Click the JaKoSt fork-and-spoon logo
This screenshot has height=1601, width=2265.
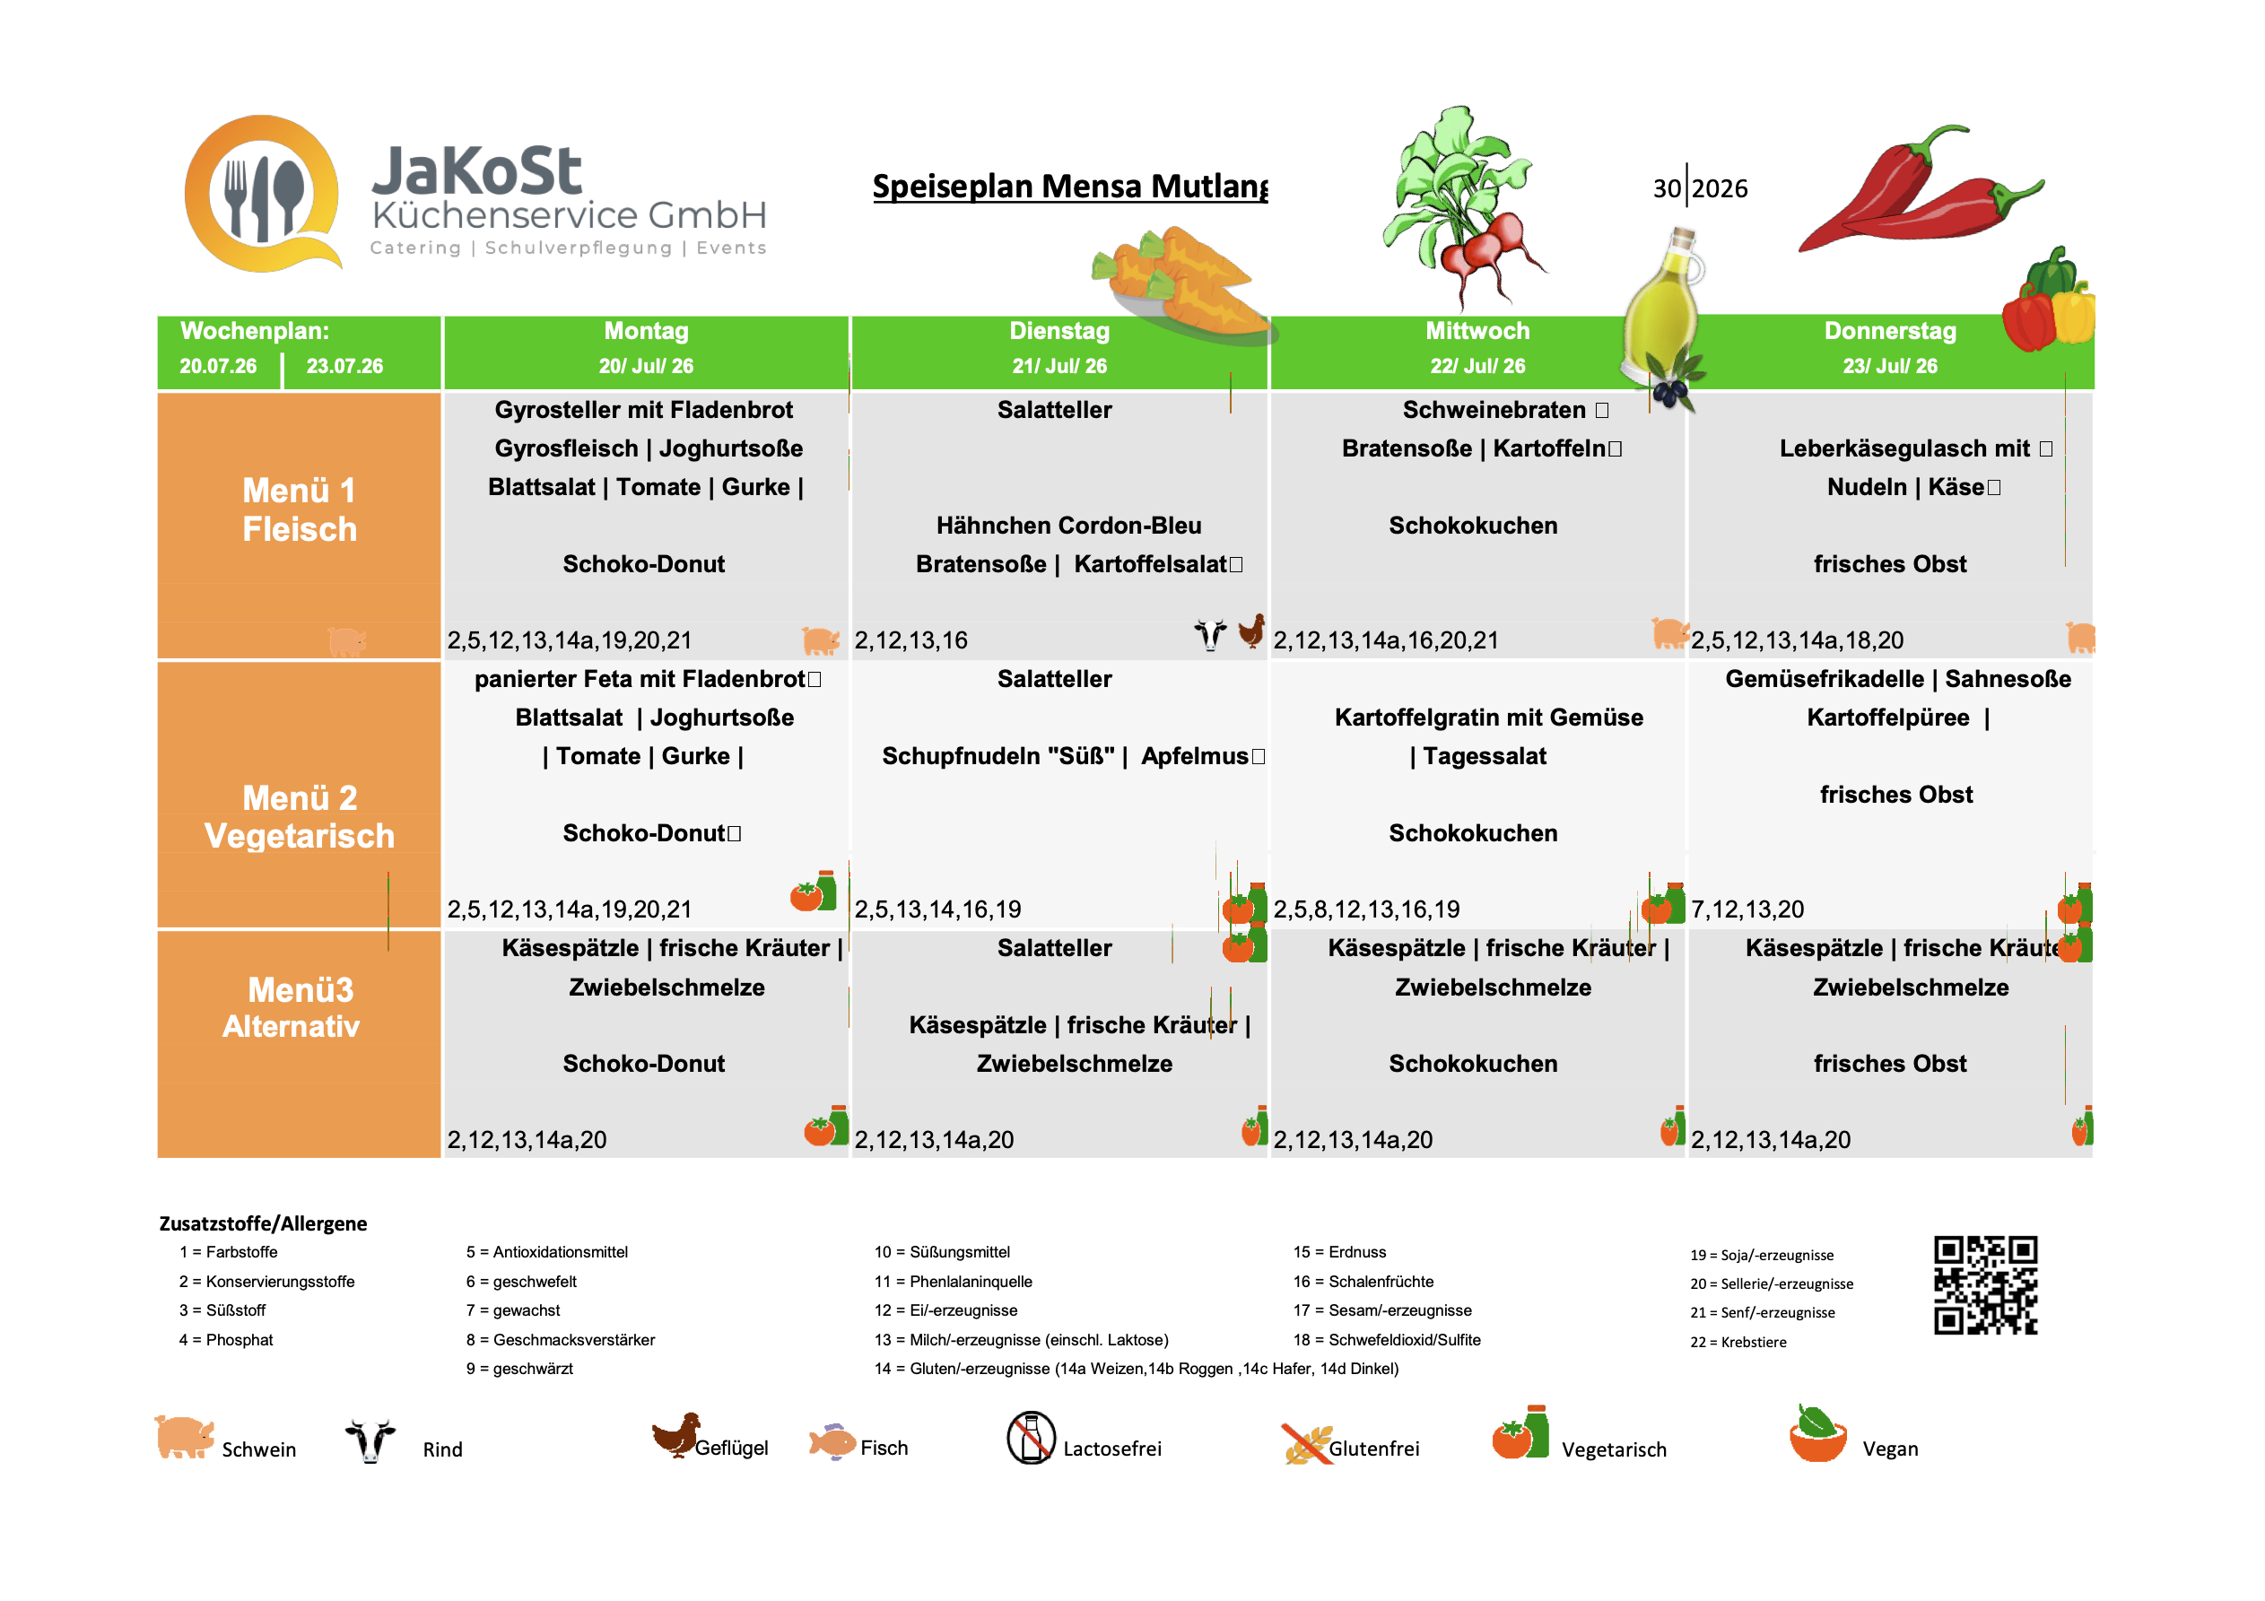click(x=264, y=194)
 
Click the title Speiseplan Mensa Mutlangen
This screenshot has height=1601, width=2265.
click(x=1070, y=187)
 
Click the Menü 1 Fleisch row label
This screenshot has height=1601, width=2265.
click(x=300, y=510)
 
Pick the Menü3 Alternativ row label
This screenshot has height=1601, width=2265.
click(x=292, y=1007)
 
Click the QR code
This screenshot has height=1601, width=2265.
click(x=1986, y=1284)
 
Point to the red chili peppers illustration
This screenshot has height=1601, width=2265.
click(x=1920, y=189)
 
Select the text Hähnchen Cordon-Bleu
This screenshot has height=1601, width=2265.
click(x=1068, y=526)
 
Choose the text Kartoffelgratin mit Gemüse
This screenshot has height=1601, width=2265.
click(x=1489, y=718)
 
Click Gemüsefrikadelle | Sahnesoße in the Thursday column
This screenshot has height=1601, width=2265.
click(x=1898, y=679)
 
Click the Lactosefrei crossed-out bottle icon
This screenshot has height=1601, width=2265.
click(x=1031, y=1439)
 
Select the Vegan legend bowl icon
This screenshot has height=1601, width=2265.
click(x=1817, y=1433)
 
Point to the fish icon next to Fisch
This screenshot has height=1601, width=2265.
click(x=832, y=1442)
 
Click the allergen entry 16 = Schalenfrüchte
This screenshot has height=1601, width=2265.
click(x=1363, y=1282)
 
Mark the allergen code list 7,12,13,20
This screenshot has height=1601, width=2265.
click(x=1747, y=909)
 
